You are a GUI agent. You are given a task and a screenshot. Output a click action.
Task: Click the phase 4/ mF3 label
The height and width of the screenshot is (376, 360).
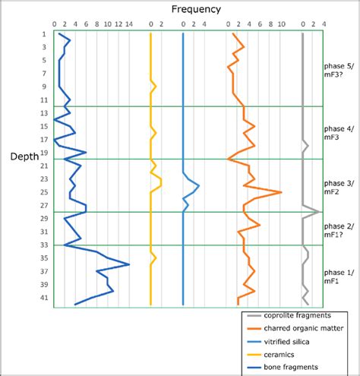coord(339,133)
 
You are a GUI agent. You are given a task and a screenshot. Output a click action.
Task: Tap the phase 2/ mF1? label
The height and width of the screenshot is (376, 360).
coord(339,230)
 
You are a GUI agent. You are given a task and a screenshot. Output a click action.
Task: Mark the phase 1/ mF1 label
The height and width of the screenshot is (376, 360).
coord(339,276)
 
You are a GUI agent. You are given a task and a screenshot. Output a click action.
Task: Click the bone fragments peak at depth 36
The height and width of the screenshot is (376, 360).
coord(128,264)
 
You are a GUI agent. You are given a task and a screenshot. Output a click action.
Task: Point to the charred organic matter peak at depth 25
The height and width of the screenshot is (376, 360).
coord(282,192)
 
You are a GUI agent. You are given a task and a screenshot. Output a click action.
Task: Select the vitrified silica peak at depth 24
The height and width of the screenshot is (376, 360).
coord(199,185)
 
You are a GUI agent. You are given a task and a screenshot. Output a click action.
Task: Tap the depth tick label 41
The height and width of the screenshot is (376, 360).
coord(44,298)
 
